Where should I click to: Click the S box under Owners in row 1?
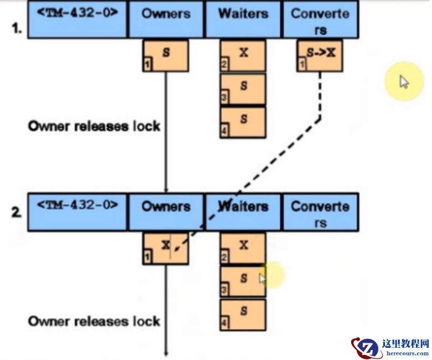166,56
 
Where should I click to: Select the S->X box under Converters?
320,56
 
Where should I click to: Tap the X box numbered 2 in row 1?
243,56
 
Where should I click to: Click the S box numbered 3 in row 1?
243,89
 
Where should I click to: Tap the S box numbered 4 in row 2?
243,315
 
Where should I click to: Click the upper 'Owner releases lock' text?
94,126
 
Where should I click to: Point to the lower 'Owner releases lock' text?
94,321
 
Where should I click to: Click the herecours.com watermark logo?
390,347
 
